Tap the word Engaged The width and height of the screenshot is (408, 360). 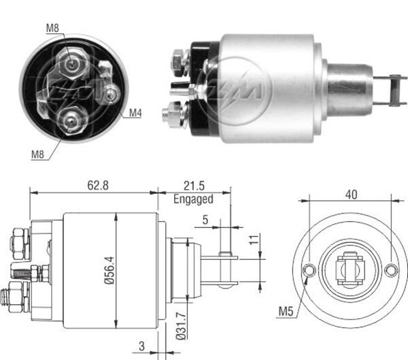[x=193, y=199]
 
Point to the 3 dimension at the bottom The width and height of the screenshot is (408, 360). [x=140, y=345]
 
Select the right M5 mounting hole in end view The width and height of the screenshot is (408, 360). [x=390, y=270]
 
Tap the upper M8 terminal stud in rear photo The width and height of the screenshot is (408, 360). [x=71, y=63]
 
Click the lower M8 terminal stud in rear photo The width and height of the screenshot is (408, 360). [x=70, y=120]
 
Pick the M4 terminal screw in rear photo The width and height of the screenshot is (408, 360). [x=109, y=95]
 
